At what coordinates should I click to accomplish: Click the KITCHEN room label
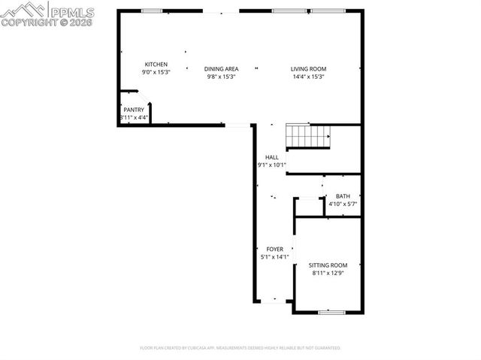pos(156,65)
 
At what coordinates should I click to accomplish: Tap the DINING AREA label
pos(221,69)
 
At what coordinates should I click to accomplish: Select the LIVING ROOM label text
pos(308,69)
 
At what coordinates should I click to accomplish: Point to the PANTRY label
pos(134,110)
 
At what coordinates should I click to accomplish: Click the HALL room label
pos(271,157)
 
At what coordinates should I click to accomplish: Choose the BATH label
pos(343,196)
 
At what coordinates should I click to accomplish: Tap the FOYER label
pos(274,250)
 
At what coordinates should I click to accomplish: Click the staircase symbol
pos(308,136)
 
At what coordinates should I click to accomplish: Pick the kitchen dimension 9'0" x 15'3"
pos(156,72)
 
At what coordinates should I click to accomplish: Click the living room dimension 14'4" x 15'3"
pos(308,77)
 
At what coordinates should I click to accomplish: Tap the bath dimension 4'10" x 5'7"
pos(343,204)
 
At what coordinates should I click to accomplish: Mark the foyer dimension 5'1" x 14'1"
pos(274,257)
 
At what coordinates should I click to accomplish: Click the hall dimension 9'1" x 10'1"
pos(271,165)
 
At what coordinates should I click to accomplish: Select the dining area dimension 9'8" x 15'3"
pos(221,77)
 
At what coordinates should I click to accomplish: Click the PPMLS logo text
pos(72,12)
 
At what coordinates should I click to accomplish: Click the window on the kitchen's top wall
pos(152,11)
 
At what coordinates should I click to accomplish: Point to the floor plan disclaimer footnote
pos(240,348)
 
